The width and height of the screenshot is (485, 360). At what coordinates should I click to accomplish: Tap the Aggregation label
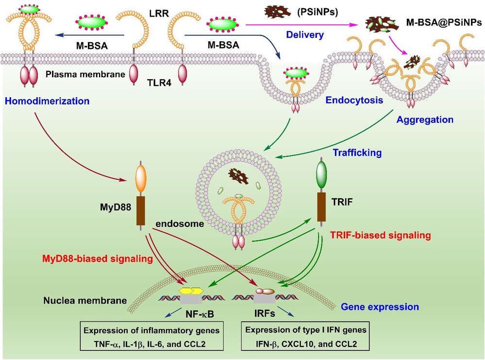tap(425, 119)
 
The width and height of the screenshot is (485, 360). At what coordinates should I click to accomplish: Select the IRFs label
tap(264, 315)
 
